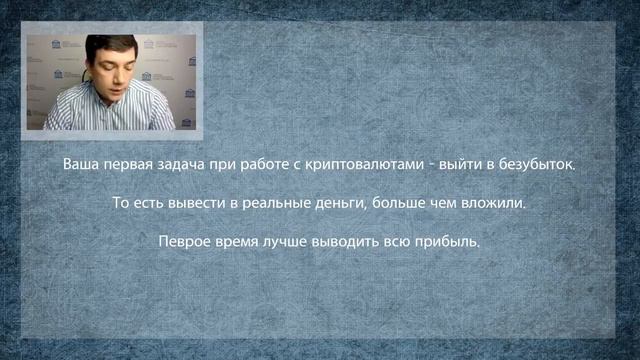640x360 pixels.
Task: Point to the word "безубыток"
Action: [543, 163]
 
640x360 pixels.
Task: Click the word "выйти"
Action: [469, 163]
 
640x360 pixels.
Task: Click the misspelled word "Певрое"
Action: [183, 242]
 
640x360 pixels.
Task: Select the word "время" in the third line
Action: [241, 242]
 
